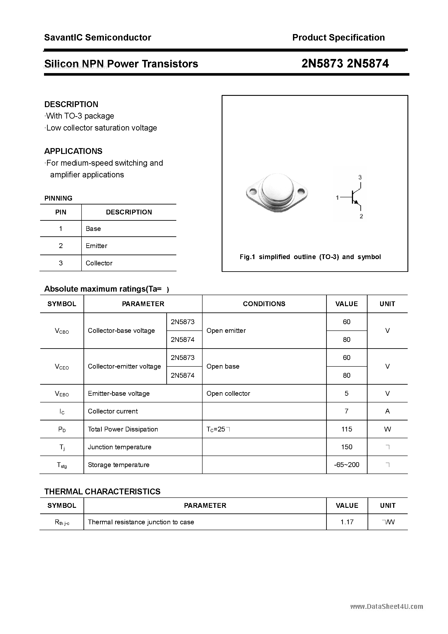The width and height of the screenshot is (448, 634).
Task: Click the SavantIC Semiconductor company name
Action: pos(98,38)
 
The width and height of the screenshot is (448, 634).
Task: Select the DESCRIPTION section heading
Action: pos(71,104)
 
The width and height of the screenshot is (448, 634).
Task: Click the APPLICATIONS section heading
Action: pos(73,151)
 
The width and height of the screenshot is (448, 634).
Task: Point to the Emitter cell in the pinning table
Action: pos(96,246)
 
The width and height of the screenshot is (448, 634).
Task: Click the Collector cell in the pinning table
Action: pos(99,263)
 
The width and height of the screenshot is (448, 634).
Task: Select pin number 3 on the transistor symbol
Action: pos(360,177)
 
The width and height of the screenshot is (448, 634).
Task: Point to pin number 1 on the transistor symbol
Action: pos(337,198)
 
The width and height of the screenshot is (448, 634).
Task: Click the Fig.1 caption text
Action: pos(310,257)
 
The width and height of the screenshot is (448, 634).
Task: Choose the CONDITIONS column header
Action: pos(264,304)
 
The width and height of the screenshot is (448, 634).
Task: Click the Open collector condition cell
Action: pos(228,394)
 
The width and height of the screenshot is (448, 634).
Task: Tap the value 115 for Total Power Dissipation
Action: pos(347,429)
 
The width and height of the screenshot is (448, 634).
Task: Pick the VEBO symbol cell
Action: pos(62,394)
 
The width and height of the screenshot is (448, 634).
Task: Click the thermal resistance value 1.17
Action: pos(347,522)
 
